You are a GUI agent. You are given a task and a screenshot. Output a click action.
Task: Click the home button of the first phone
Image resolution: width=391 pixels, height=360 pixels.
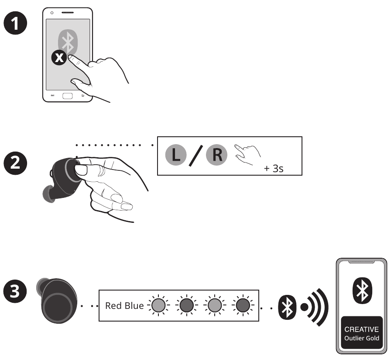[x=67, y=96]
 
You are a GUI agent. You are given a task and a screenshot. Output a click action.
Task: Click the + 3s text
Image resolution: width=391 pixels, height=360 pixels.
[x=274, y=168]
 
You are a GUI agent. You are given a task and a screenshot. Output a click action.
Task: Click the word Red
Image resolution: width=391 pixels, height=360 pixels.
[x=113, y=305]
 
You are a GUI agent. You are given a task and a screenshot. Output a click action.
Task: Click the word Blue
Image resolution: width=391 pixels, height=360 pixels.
[x=134, y=305]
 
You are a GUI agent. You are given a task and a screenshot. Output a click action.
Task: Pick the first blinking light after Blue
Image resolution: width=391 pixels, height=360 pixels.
[x=158, y=305]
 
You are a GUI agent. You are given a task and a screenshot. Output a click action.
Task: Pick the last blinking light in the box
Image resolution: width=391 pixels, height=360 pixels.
[x=242, y=305]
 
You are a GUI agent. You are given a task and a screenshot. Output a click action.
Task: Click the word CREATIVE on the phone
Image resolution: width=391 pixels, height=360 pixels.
[x=361, y=329]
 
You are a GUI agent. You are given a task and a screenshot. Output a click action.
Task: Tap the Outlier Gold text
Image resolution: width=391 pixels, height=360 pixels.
[x=361, y=339]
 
